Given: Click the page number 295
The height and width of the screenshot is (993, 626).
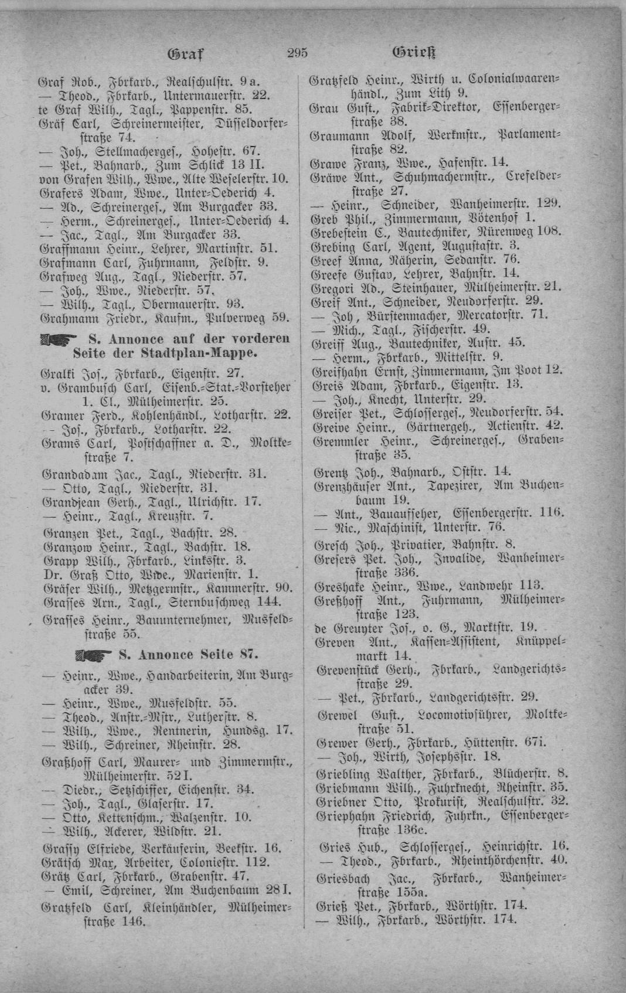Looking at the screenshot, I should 298,53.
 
